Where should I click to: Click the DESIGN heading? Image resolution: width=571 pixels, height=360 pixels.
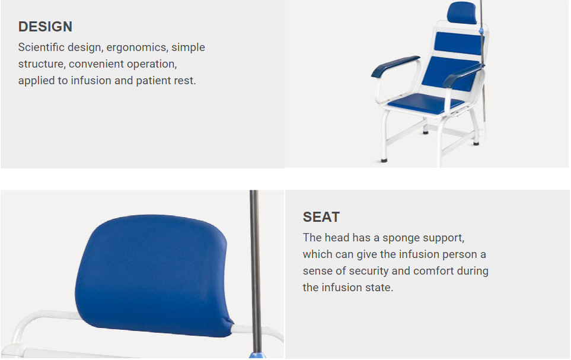pyautogui.click(x=45, y=27)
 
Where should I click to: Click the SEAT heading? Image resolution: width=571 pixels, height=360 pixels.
pyautogui.click(x=321, y=217)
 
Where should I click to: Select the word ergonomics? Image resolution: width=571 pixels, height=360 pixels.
pyautogui.click(x=136, y=47)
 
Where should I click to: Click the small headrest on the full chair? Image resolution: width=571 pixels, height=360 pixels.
pyautogui.click(x=462, y=12)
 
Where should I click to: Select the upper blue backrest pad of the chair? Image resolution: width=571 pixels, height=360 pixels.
pyautogui.click(x=458, y=43)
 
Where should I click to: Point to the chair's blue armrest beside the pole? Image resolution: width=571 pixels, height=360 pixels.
pyautogui.click(x=462, y=75)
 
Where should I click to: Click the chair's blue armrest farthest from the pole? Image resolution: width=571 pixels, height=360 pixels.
pyautogui.click(x=395, y=66)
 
